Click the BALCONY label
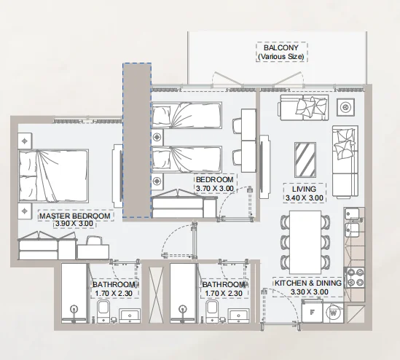point(281,47)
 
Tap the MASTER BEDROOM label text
point(74,216)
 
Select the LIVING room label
point(304,188)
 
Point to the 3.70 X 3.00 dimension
point(215,189)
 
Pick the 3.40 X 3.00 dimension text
point(304,197)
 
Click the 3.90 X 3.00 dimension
point(74,224)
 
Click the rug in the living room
point(304,154)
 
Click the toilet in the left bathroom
point(103,311)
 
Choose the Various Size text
point(281,56)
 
